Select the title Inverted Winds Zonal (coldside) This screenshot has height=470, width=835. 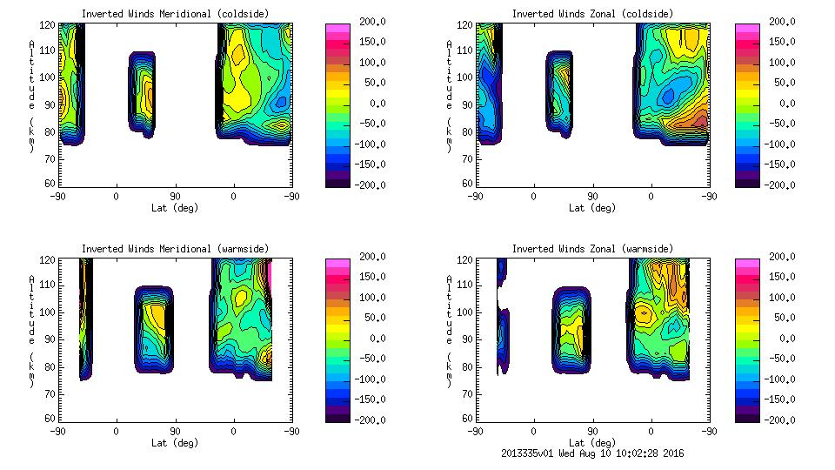click(592, 13)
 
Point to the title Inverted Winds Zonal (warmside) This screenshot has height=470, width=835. click(592, 248)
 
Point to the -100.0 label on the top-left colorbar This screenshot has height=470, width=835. click(368, 144)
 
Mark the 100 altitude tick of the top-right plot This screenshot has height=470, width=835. click(467, 77)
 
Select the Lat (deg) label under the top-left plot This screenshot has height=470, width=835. click(176, 208)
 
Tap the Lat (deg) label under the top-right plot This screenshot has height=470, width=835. click(592, 208)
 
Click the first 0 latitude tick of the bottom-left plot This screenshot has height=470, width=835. click(117, 431)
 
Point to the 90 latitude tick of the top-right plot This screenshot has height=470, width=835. click(592, 196)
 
